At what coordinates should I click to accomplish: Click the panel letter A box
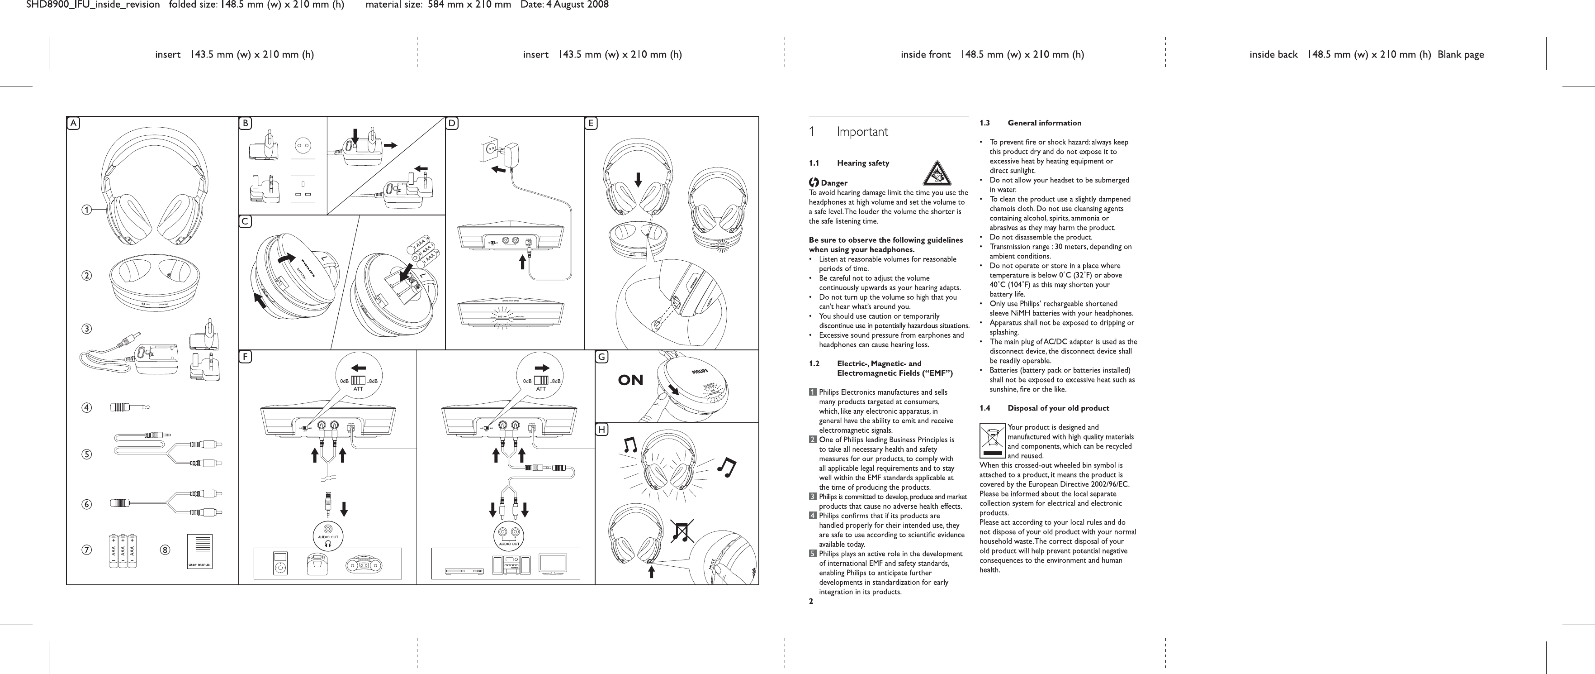click(x=74, y=123)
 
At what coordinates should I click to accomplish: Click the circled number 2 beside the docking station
click(x=87, y=275)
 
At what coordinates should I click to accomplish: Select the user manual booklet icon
click(x=199, y=551)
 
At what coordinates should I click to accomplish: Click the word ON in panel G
click(x=630, y=380)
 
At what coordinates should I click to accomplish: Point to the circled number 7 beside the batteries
click(x=87, y=550)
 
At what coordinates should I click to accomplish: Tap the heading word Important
click(x=862, y=132)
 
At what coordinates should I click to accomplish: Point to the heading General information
click(x=1045, y=123)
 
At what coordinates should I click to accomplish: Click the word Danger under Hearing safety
click(x=833, y=183)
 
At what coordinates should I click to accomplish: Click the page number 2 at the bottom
click(x=811, y=600)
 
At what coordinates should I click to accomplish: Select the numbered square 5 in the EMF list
click(x=812, y=554)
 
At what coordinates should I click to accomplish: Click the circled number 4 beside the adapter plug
click(x=87, y=408)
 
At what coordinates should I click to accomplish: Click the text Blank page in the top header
click(x=1461, y=54)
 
